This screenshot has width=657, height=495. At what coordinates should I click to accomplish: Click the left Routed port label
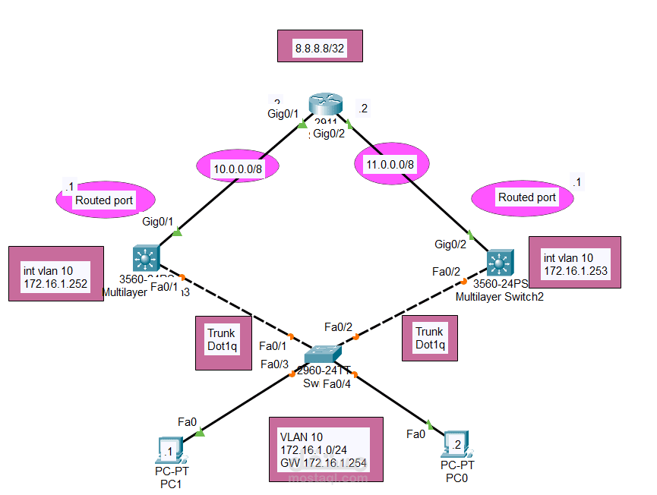point(104,200)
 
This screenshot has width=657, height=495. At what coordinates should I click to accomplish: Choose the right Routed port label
point(526,197)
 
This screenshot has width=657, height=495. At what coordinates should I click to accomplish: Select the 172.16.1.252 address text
point(56,285)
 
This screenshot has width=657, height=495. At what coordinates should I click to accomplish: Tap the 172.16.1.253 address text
point(575,270)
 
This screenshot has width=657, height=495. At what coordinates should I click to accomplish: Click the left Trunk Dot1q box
point(221,339)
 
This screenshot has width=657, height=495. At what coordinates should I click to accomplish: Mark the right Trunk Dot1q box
point(430,338)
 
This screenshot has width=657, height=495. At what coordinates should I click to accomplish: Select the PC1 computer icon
point(167,449)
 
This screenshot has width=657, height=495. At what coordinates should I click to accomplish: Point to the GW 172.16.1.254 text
point(324,462)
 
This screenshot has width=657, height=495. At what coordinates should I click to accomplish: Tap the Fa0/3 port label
point(274,364)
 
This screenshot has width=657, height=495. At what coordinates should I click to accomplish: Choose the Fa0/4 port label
point(337,384)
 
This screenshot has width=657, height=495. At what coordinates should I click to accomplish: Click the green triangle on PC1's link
point(201,432)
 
